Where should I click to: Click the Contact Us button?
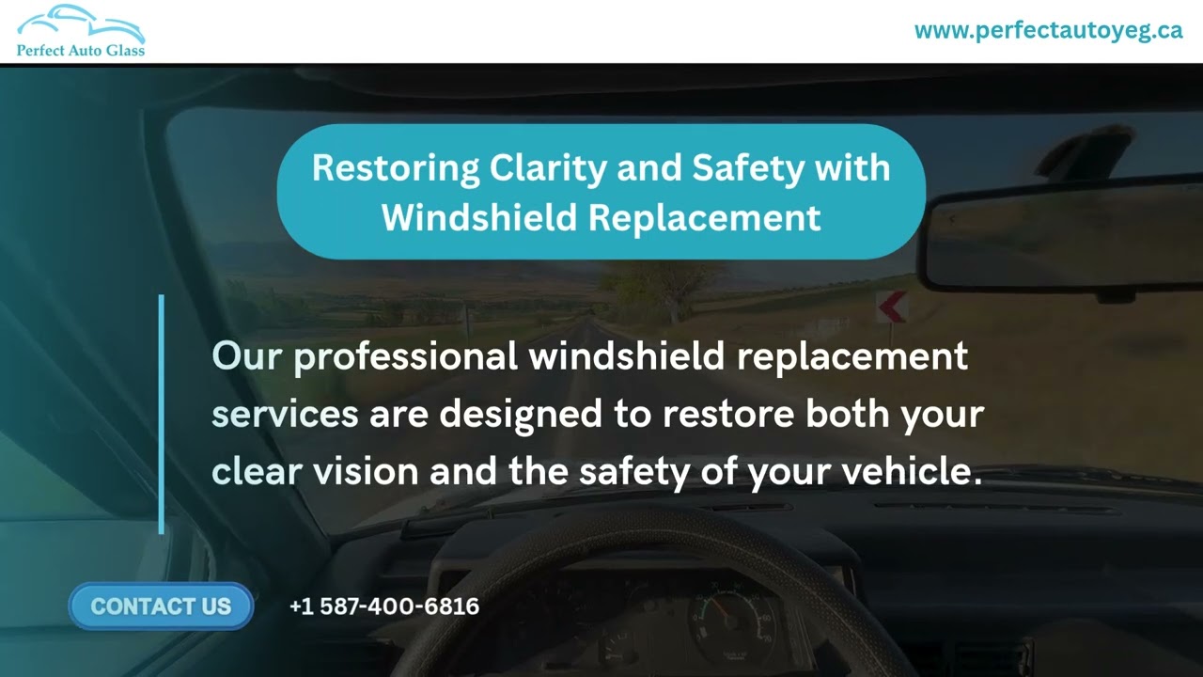161,606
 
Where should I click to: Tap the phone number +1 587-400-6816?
384,606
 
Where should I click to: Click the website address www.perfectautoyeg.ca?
1048,30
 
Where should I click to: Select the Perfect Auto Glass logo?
80,31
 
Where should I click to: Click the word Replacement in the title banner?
705,218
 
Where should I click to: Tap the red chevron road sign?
891,307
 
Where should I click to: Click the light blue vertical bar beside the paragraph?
162,414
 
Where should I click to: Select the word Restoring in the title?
395,168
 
